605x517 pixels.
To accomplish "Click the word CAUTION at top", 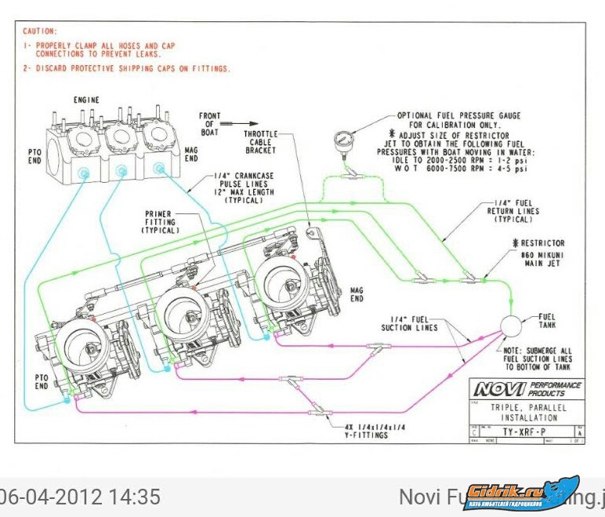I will point(39,31).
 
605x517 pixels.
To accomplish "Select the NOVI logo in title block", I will point(497,388).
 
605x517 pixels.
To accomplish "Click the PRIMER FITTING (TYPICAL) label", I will point(161,222).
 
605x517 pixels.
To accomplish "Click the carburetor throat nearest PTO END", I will point(83,344).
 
